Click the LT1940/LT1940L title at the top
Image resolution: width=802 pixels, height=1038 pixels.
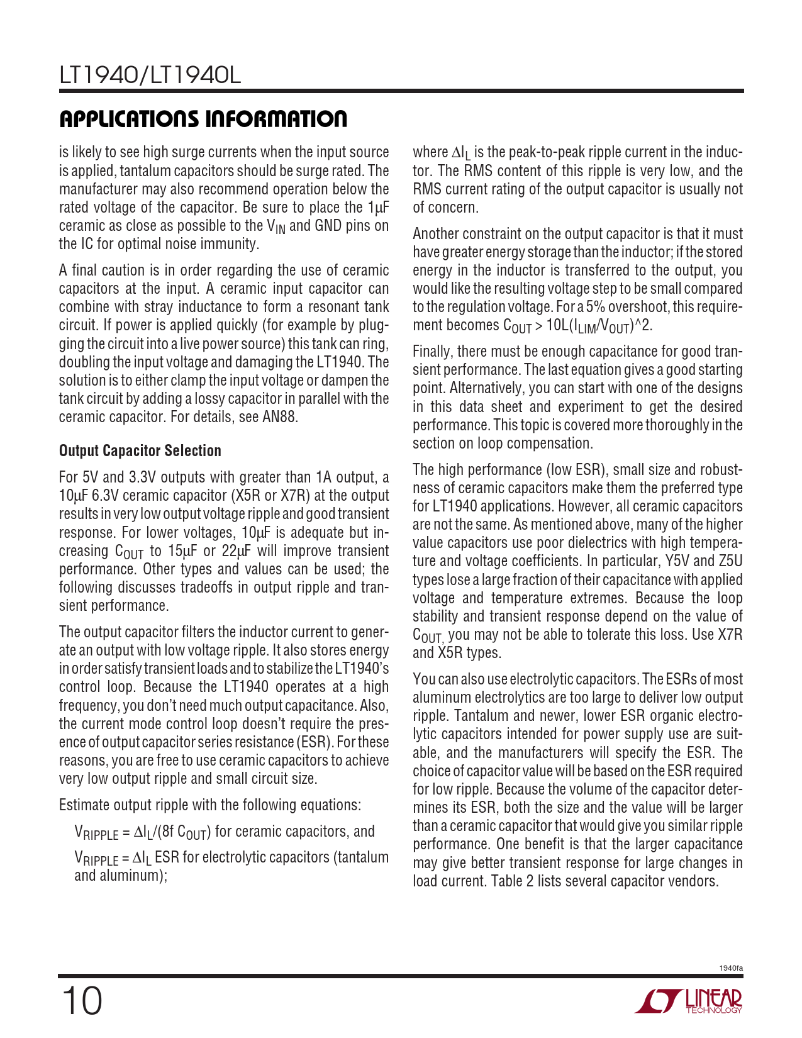coord(150,76)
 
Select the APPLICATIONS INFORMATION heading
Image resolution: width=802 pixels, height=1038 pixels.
coord(203,119)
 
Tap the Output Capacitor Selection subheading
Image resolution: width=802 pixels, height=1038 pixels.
coord(140,451)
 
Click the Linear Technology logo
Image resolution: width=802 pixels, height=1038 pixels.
coord(689,1000)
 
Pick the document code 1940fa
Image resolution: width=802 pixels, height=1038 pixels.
coord(731,968)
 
